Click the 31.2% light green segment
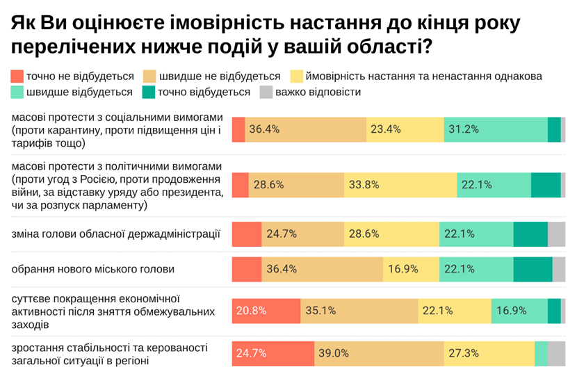(x=496, y=129)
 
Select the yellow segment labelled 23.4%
(x=405, y=129)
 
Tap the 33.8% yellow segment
(x=400, y=185)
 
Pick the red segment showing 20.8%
(x=266, y=311)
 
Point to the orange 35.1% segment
(x=359, y=311)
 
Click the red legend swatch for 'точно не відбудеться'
(x=17, y=76)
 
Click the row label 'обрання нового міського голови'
(x=92, y=268)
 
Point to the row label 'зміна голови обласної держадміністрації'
(x=116, y=233)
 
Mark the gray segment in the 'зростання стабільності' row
(x=556, y=353)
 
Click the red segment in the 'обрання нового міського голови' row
(x=246, y=269)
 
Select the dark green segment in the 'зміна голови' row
(x=530, y=234)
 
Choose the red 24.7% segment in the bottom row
(x=273, y=353)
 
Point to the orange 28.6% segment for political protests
(x=296, y=185)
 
